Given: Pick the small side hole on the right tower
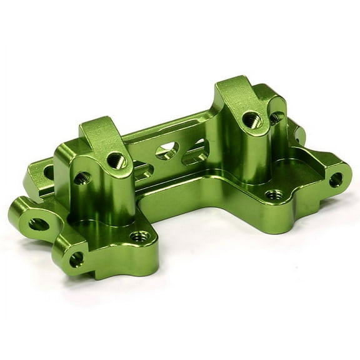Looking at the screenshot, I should pos(276,116).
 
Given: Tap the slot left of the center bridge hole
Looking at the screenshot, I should pos(140,167).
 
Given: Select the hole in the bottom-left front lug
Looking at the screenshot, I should pos(77,259).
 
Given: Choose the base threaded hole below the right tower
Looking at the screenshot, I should pos(271,195).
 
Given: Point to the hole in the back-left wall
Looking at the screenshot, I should pos(47,170).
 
